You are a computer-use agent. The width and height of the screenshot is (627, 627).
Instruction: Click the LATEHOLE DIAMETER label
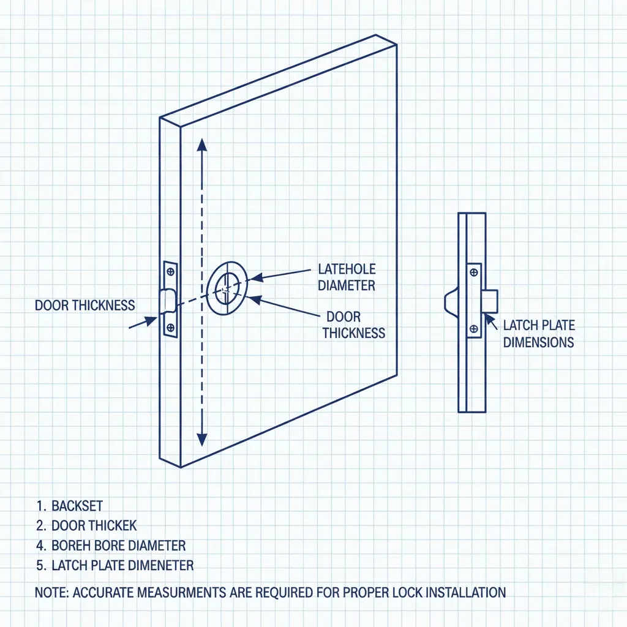(x=347, y=277)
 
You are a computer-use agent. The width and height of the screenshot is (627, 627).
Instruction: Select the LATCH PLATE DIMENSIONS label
(x=539, y=334)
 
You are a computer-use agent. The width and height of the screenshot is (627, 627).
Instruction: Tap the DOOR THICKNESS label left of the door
(x=84, y=305)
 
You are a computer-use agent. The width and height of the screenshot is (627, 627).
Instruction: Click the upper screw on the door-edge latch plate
(x=170, y=271)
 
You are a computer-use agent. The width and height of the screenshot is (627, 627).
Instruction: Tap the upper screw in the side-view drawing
(x=473, y=271)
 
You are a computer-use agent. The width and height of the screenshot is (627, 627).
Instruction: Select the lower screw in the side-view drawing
(x=473, y=329)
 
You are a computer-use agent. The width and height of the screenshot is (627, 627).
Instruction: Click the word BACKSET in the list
(x=77, y=506)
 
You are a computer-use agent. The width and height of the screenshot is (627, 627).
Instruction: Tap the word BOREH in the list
(x=72, y=545)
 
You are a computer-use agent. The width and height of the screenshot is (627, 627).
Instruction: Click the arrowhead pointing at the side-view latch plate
(x=487, y=316)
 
